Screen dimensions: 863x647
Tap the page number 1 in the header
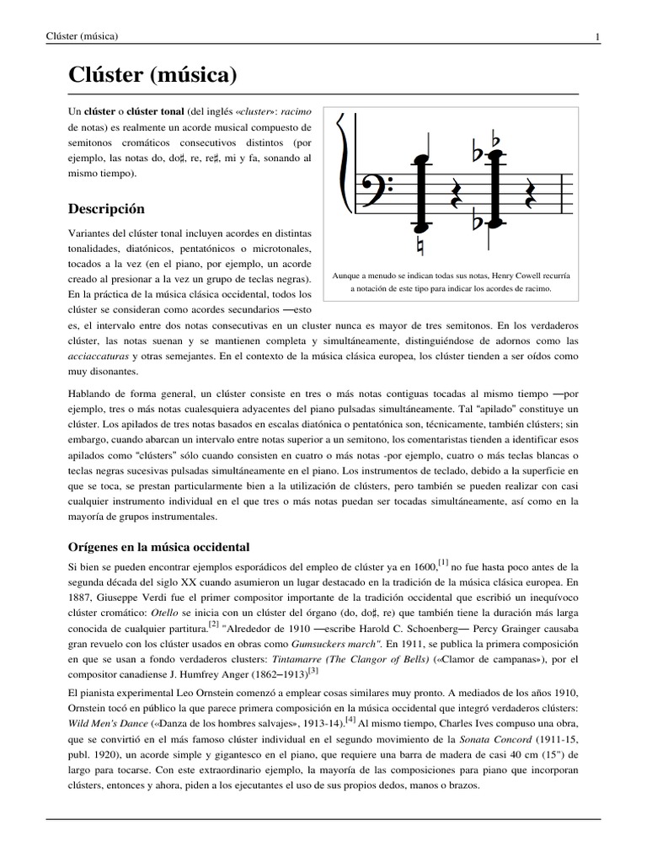[x=596, y=36]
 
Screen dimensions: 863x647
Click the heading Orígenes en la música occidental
[x=159, y=547]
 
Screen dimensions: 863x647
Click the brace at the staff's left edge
[x=343, y=169]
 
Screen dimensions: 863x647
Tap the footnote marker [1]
[x=443, y=562]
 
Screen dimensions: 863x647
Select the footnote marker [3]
[x=313, y=670]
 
